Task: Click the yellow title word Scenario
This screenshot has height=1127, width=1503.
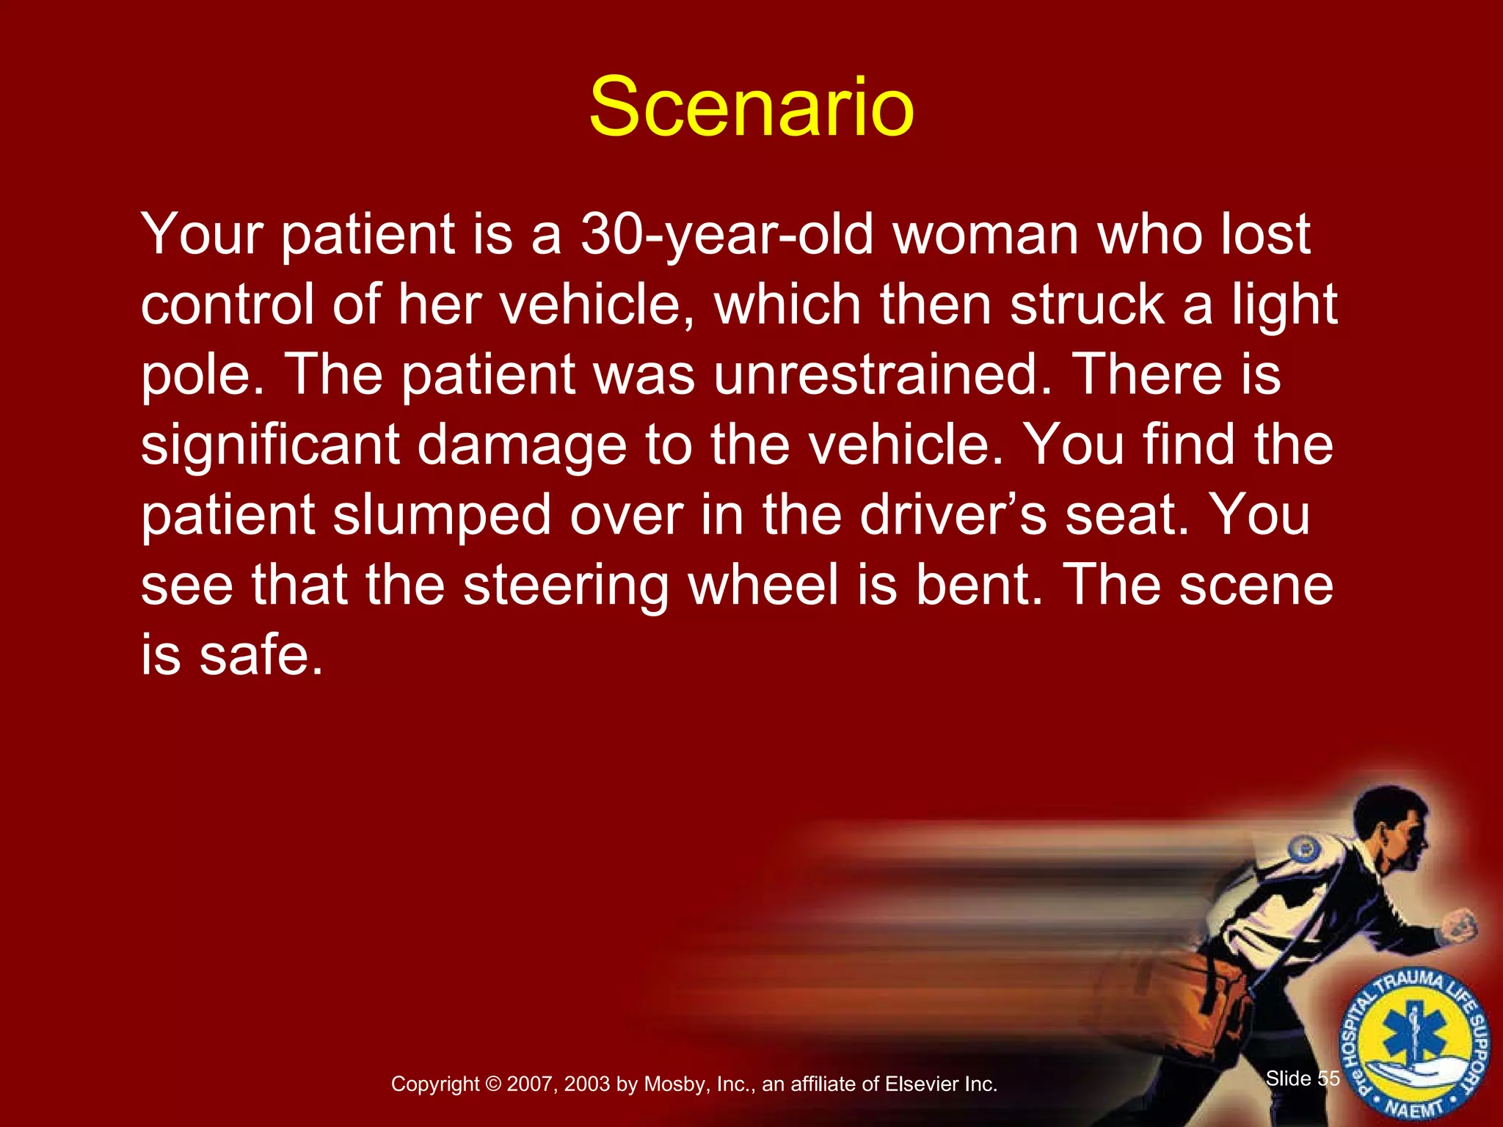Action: tap(751, 108)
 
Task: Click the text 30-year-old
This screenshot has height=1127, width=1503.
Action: tap(726, 235)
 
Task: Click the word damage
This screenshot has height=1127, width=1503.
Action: tap(521, 445)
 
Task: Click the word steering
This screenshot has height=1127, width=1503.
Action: tap(565, 585)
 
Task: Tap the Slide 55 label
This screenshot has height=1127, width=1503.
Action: tap(1303, 1078)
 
